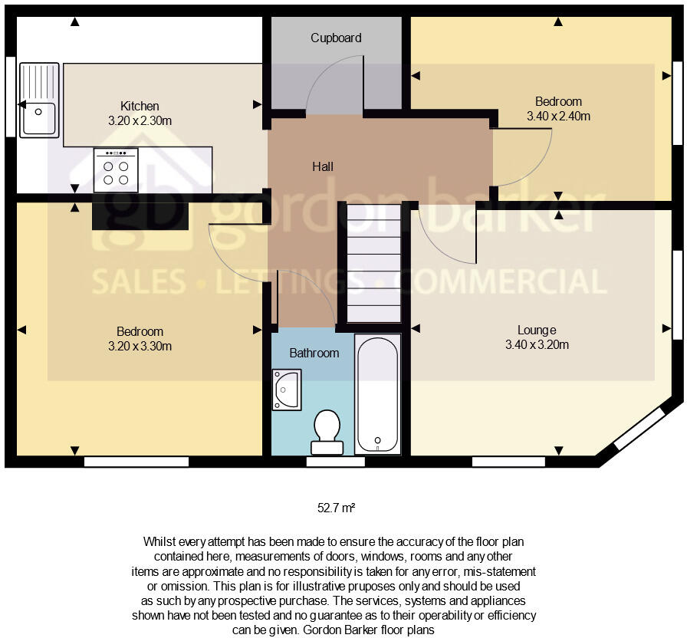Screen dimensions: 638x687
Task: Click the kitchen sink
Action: click(x=39, y=100)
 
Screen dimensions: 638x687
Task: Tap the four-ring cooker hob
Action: click(x=116, y=170)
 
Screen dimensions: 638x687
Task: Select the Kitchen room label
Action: click(x=140, y=106)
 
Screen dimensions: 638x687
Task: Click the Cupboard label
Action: click(x=336, y=38)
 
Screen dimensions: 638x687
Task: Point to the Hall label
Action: click(x=322, y=166)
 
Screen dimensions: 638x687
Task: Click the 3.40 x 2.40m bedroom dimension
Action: click(x=558, y=117)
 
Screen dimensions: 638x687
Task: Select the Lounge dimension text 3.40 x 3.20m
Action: click(x=537, y=344)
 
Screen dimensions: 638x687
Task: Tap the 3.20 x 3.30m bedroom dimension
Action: click(x=140, y=346)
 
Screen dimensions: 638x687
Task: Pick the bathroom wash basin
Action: click(x=286, y=390)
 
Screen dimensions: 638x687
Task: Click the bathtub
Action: click(x=377, y=394)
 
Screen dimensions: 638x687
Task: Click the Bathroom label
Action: click(x=314, y=353)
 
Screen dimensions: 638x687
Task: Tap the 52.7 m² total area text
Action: click(x=336, y=508)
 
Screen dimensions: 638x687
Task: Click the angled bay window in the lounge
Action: click(x=638, y=429)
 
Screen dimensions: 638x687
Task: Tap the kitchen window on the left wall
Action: click(x=10, y=97)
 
